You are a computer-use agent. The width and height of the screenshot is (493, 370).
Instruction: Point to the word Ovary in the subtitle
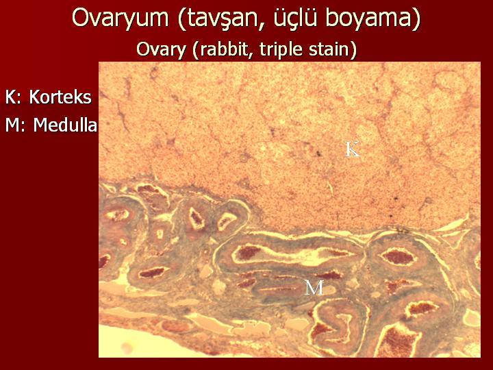161,50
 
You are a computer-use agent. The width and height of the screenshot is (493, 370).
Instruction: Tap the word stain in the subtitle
329,49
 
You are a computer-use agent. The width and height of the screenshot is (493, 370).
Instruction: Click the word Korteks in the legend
60,97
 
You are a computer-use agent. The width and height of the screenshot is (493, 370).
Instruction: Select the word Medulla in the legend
65,125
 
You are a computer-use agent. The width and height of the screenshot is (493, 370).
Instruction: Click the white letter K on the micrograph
352,149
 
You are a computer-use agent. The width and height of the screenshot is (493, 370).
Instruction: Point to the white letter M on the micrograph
314,288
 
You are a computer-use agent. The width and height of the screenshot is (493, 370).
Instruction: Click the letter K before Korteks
11,97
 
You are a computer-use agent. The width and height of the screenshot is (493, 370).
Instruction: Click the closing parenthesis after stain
353,50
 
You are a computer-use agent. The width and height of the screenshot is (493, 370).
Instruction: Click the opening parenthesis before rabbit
196,50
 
